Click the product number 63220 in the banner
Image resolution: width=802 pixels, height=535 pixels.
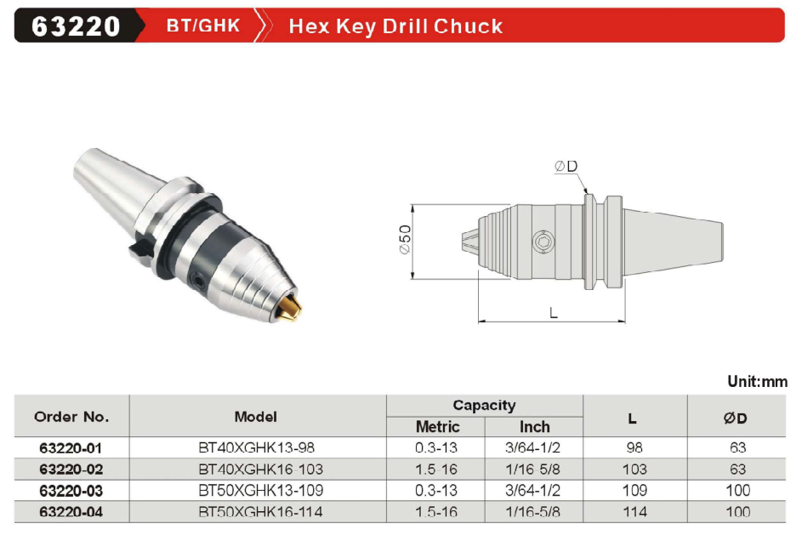pos(76,26)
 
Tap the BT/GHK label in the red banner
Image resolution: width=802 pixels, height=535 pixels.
pos(203,26)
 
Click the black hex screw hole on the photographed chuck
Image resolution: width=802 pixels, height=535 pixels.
pos(197,278)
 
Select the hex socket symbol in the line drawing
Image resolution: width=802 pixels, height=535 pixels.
pos(543,242)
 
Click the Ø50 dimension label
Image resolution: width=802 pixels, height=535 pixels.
pos(405,239)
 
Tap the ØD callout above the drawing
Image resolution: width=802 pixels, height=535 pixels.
pos(566,166)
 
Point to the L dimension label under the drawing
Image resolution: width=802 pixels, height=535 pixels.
pos(554,312)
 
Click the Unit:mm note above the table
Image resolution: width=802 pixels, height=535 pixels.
pos(758,382)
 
